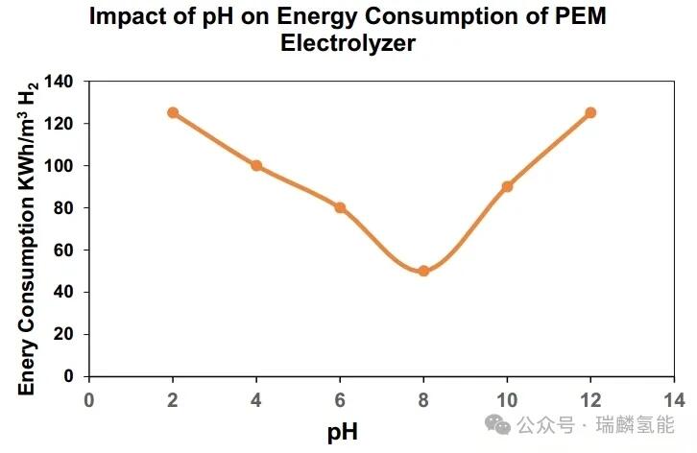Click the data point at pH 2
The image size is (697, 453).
pyautogui.click(x=173, y=112)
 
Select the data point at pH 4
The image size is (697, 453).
pyautogui.click(x=256, y=165)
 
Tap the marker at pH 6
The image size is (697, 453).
pyautogui.click(x=340, y=207)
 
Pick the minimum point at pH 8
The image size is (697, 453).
pyautogui.click(x=423, y=271)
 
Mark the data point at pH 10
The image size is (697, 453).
pyautogui.click(x=507, y=186)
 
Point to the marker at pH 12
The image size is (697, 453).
pyautogui.click(x=590, y=112)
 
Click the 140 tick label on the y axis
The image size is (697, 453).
pyautogui.click(x=60, y=82)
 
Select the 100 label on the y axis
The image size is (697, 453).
pyautogui.click(x=60, y=165)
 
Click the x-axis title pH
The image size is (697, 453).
pyautogui.click(x=343, y=432)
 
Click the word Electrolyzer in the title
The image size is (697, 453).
pyautogui.click(x=348, y=44)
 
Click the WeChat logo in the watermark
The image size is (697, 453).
pyautogui.click(x=499, y=423)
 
